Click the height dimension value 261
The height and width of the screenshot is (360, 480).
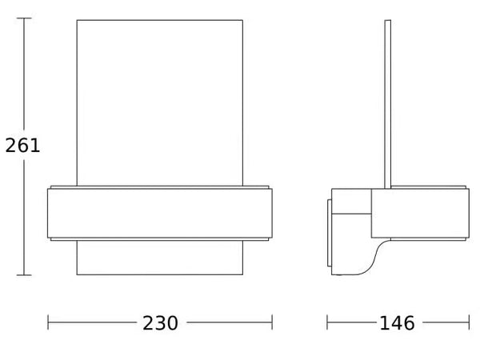pyautogui.click(x=22, y=146)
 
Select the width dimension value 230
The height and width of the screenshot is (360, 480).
pyautogui.click(x=160, y=323)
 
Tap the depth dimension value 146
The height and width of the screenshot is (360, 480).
pyautogui.click(x=397, y=323)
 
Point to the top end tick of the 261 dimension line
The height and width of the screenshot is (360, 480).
pyautogui.click(x=24, y=18)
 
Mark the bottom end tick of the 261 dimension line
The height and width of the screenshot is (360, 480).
pyautogui.click(x=24, y=275)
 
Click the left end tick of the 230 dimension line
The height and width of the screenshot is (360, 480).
pyautogui.click(x=48, y=322)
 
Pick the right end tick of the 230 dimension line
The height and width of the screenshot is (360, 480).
pyautogui.click(x=272, y=322)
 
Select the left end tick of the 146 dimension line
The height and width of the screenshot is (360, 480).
pyautogui.click(x=327, y=322)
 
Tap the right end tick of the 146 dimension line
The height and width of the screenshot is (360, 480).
pyautogui.click(x=469, y=322)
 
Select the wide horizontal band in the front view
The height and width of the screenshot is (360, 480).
pyautogui.click(x=159, y=213)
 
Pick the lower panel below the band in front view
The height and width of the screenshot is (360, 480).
pyautogui.click(x=159, y=258)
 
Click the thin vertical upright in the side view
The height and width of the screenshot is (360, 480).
pyautogui.click(x=388, y=104)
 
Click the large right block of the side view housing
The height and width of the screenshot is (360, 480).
pyautogui.click(x=420, y=213)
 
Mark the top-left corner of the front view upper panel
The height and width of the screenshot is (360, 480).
pyautogui.click(x=77, y=20)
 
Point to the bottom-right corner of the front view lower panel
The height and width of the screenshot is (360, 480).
pyautogui.click(x=242, y=274)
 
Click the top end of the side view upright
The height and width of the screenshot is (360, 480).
pyautogui.click(x=388, y=21)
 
